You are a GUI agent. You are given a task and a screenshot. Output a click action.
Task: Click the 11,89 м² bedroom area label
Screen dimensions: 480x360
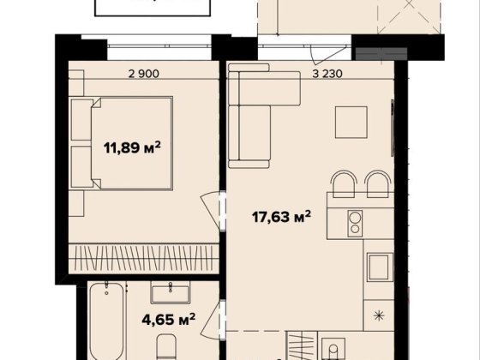pos(132,148)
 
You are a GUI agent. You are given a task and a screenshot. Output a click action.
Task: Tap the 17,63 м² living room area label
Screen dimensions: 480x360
pos(281,217)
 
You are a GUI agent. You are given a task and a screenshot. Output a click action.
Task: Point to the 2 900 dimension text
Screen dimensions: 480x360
pos(144,74)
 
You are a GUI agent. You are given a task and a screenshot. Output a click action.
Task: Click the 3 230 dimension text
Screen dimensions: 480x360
pos(327,74)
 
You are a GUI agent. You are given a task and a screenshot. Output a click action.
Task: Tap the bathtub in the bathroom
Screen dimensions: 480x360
pos(107,321)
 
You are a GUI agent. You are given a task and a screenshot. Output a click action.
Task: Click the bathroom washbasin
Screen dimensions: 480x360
pos(171,291)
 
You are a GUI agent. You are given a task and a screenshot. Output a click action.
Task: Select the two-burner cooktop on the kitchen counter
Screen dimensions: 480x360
pos(355,224)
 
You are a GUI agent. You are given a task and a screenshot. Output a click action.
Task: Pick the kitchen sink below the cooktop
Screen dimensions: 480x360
pos(381,267)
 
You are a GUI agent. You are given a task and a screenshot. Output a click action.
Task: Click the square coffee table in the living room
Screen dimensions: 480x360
pos(351,122)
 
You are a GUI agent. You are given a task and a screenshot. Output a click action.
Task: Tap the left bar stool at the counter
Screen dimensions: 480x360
pos(345,184)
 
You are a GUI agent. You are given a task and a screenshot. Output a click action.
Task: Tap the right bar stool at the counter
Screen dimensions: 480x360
pos(378,184)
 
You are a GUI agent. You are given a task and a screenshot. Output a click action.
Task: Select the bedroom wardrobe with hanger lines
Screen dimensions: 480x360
pos(143,259)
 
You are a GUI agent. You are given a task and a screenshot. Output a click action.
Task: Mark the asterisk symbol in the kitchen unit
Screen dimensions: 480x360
pos(379,315)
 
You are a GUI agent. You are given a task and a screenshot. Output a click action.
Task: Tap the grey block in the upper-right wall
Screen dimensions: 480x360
pos(381,54)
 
